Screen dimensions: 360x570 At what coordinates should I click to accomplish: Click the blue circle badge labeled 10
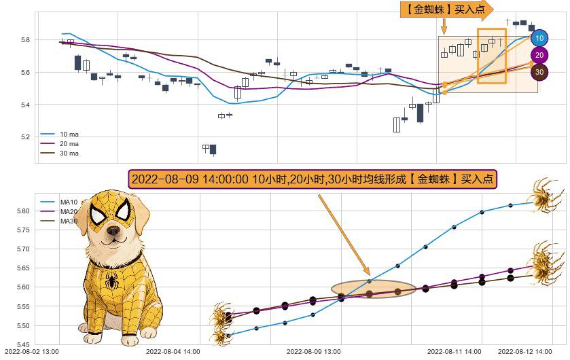(x=539, y=39)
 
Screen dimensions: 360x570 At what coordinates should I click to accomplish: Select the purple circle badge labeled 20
(x=539, y=55)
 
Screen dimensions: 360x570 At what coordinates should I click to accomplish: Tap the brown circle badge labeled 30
(x=539, y=71)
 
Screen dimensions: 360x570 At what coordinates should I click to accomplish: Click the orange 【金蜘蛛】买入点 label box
(x=446, y=9)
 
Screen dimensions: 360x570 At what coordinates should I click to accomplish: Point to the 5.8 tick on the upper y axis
(x=24, y=40)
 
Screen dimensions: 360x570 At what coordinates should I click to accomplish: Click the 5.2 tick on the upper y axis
(x=24, y=137)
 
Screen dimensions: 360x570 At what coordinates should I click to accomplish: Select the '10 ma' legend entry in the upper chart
(x=68, y=134)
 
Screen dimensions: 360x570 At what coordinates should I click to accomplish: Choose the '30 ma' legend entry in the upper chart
(x=68, y=154)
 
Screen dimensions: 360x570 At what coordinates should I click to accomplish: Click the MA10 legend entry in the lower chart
(x=68, y=202)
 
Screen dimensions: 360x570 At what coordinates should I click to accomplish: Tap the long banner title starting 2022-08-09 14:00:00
(x=313, y=179)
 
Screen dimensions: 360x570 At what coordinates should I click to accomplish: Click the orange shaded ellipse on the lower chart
(x=373, y=289)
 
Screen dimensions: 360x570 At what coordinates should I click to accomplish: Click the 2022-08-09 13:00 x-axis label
(x=314, y=352)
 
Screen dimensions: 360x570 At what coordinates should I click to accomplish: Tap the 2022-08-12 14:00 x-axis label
(x=525, y=352)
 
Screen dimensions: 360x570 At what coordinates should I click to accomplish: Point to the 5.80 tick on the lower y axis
(x=23, y=211)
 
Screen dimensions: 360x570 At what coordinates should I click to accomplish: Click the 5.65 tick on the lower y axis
(x=23, y=268)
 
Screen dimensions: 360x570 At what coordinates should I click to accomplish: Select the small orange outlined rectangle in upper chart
(x=492, y=56)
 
